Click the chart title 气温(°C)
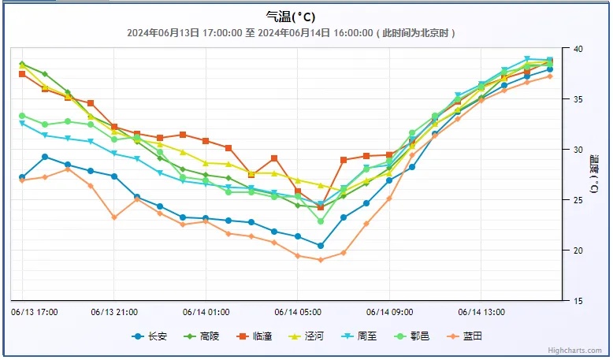pos(292,17)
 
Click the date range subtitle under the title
pos(292,33)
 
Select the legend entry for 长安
pos(150,336)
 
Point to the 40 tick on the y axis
pos(578,49)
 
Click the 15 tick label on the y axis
pos(578,301)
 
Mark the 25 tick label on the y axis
pos(578,200)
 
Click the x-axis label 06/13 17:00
pos(35,312)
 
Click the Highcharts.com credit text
pos(575,351)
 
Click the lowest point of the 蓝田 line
pos(320,260)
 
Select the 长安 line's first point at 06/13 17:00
pos(22,177)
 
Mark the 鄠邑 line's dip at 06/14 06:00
pos(321,221)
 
